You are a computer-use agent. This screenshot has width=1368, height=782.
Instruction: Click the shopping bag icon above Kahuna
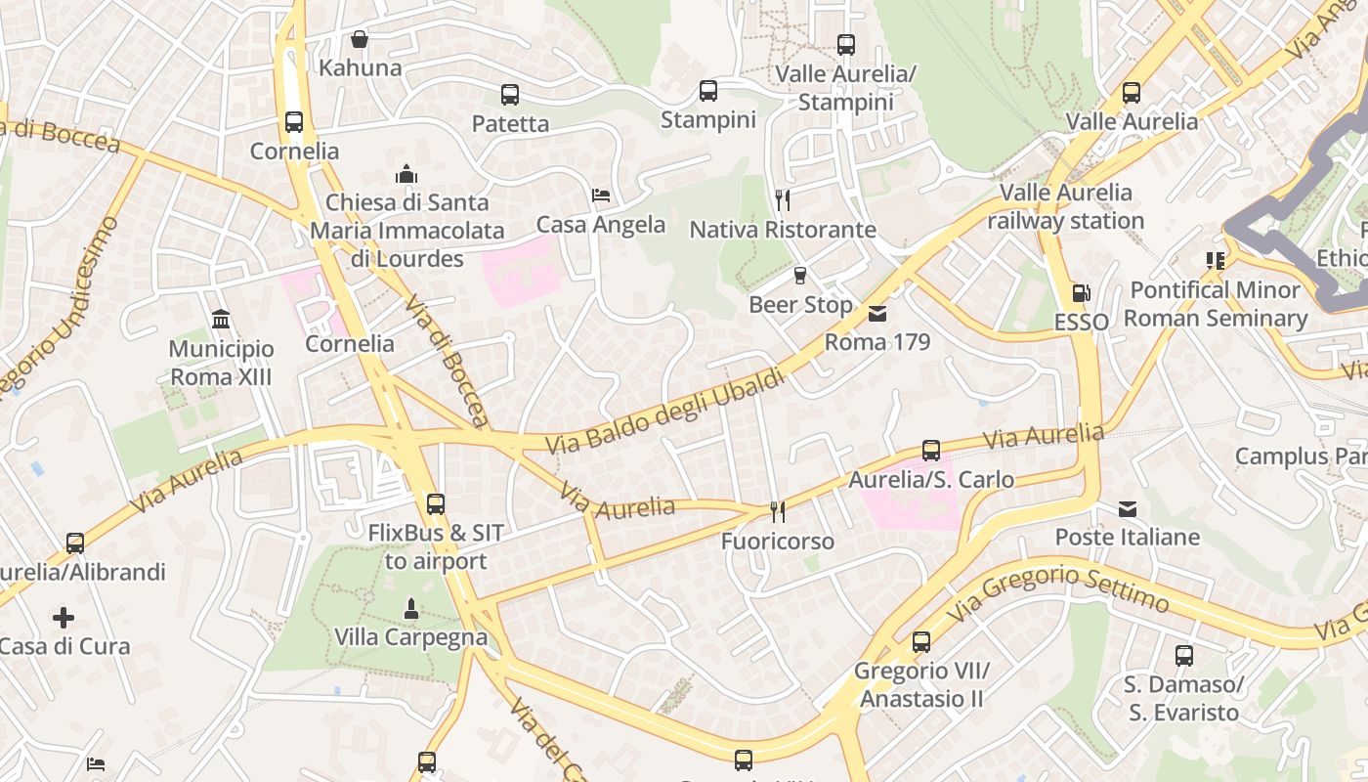(x=360, y=40)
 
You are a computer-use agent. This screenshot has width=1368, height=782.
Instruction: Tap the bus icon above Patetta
(x=509, y=95)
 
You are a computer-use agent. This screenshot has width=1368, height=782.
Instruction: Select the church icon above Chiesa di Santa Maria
(x=406, y=175)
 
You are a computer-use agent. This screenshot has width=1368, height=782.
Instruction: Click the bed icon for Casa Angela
(x=601, y=195)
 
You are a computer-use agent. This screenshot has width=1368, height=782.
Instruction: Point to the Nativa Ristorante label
(x=783, y=230)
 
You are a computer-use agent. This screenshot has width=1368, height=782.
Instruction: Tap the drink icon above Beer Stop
(x=800, y=276)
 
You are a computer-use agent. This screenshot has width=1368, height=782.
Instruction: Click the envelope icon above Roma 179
(x=877, y=314)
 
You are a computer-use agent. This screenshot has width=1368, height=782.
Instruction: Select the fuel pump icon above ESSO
(x=1081, y=292)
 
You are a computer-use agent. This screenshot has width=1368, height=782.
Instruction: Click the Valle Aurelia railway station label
(x=1065, y=206)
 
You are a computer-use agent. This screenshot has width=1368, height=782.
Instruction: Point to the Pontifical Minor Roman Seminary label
(x=1215, y=304)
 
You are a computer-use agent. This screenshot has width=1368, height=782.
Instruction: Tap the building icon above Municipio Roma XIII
(x=221, y=320)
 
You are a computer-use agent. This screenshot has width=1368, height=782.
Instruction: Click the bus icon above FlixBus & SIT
(x=436, y=504)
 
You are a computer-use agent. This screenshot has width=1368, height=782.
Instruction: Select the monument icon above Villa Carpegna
(x=411, y=608)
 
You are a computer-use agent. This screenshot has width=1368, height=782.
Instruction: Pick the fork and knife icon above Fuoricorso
(x=778, y=511)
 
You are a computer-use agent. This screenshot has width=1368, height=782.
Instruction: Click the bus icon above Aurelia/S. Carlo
(x=931, y=451)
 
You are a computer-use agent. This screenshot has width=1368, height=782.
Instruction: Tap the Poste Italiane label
(x=1127, y=538)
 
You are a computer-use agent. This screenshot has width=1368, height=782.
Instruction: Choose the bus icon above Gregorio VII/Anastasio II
(x=921, y=642)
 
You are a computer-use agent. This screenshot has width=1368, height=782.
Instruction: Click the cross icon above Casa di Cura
(x=64, y=618)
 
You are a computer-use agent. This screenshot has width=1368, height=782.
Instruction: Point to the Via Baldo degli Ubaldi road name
(x=664, y=412)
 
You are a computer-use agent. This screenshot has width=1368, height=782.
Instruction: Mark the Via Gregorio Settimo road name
(x=1057, y=589)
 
